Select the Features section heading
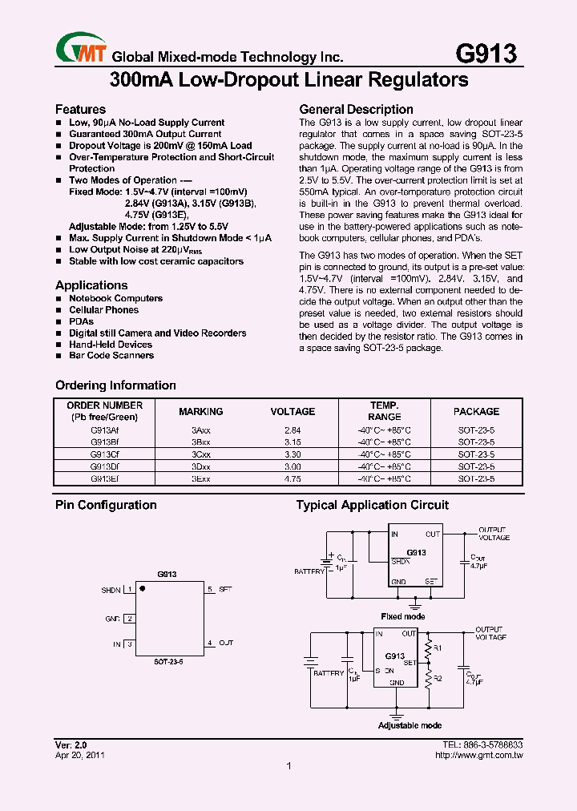tap(80, 109)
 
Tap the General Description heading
tap(356, 109)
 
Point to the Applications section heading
tap(91, 285)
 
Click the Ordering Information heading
tap(115, 385)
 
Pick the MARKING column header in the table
tap(200, 411)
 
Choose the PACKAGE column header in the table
tap(476, 411)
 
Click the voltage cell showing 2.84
tap(293, 430)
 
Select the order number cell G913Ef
tap(105, 478)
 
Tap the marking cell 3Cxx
tap(200, 454)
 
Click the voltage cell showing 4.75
tap(293, 478)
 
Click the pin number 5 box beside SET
tap(210, 590)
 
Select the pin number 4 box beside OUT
tap(210, 643)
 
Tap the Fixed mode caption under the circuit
tap(404, 616)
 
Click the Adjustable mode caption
tap(410, 725)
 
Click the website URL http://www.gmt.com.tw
tap(478, 755)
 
